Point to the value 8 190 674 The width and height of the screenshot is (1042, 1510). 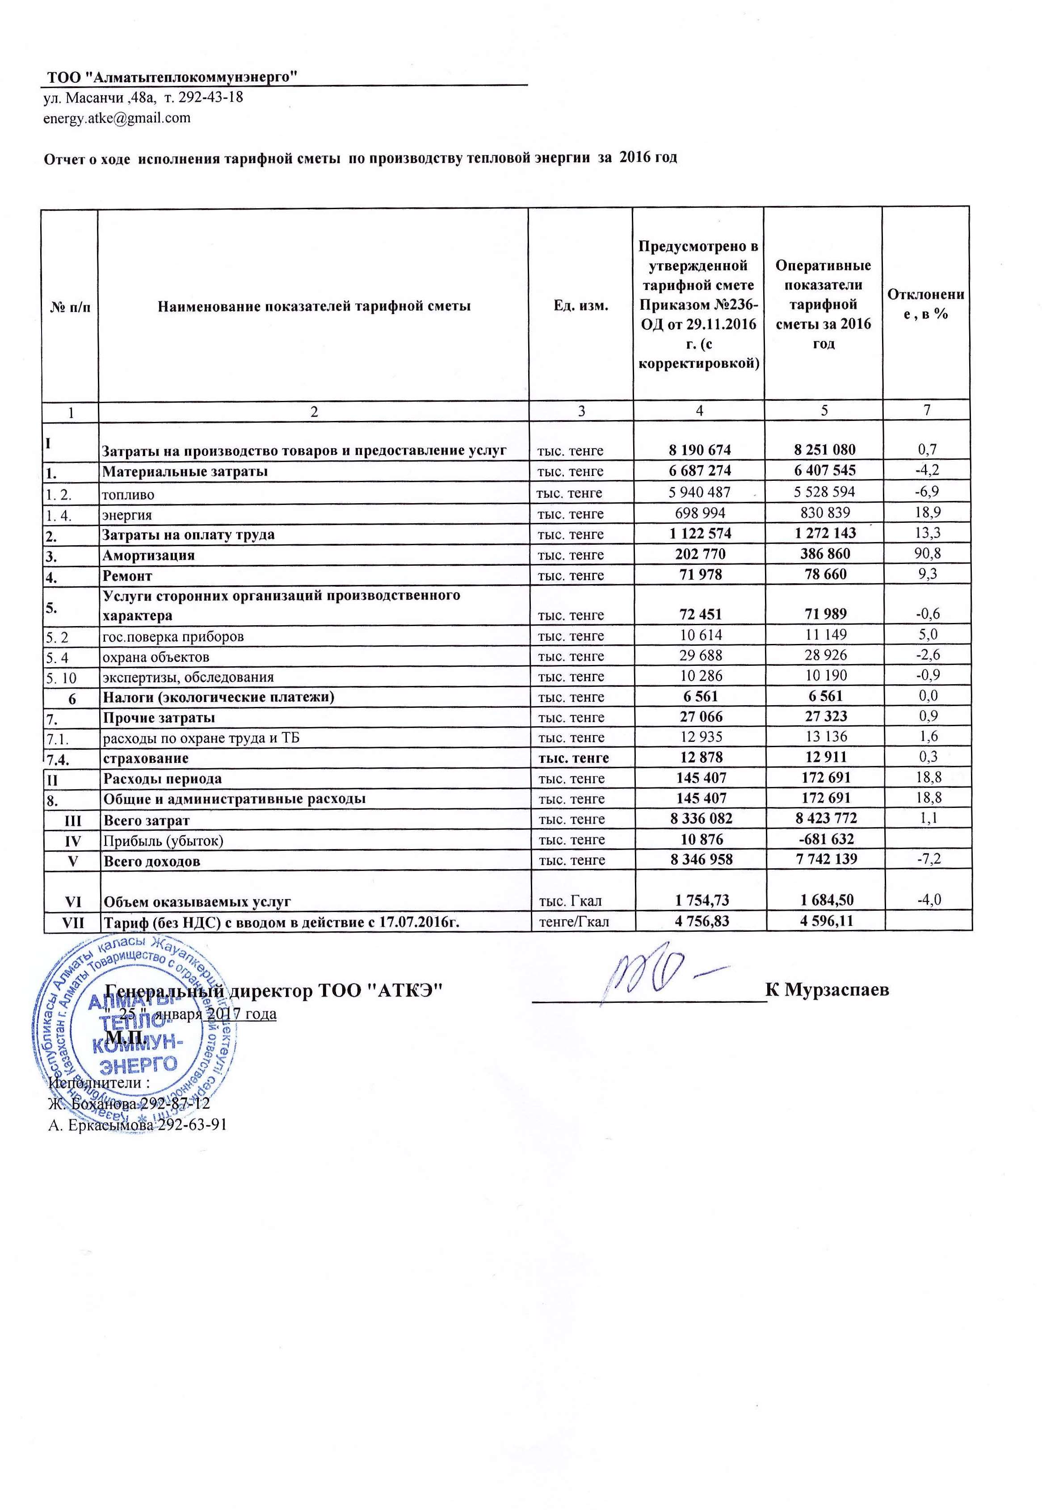pyautogui.click(x=699, y=450)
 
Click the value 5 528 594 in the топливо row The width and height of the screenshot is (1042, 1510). pyautogui.click(x=825, y=492)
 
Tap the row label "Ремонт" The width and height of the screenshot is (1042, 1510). pyautogui.click(x=128, y=576)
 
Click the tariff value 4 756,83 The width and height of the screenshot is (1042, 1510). pyautogui.click(x=699, y=922)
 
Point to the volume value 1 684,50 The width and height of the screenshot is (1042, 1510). pyautogui.click(x=825, y=901)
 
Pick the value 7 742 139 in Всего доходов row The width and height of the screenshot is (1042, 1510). pyautogui.click(x=825, y=860)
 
